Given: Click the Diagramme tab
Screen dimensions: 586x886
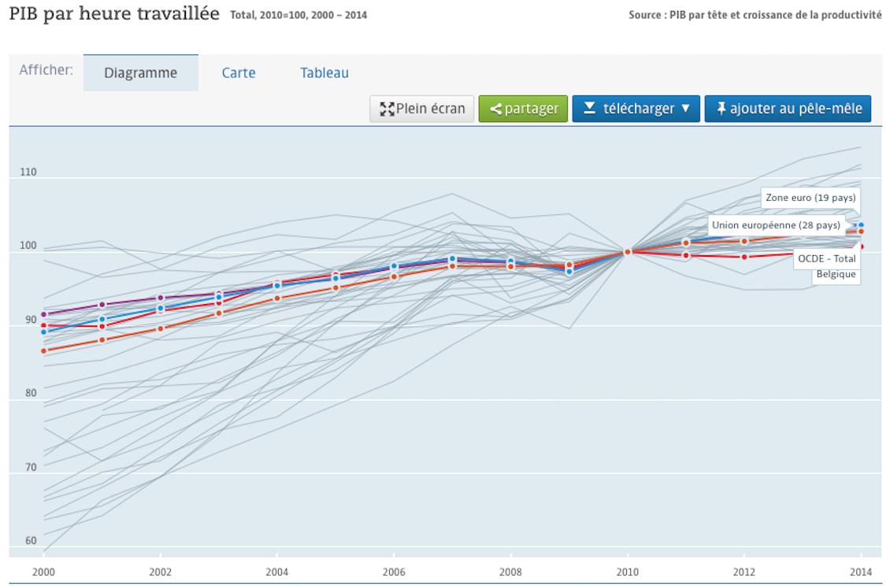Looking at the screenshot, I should (x=141, y=73).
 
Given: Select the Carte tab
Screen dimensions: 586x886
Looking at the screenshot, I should (x=239, y=73).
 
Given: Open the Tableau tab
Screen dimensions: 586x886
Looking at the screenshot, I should (x=324, y=73).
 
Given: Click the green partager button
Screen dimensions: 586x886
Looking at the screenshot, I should (x=523, y=109).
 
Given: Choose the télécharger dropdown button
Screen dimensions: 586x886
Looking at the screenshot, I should (x=636, y=109).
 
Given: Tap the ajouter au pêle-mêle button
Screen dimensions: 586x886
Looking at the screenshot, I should (x=788, y=109).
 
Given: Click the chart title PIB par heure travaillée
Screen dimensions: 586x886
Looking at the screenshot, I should (x=114, y=14).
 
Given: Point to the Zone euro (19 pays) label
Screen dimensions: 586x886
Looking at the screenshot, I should (x=810, y=198).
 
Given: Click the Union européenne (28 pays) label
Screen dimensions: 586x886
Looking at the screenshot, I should (x=776, y=225).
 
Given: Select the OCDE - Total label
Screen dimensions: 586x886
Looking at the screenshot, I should (x=826, y=258).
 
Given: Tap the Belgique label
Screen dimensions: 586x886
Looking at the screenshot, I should (x=836, y=274).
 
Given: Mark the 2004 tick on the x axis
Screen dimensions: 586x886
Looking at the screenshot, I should (x=277, y=572).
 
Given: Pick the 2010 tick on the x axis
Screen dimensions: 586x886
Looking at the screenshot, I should (x=628, y=572).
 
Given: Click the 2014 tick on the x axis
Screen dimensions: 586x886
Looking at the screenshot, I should (x=861, y=572).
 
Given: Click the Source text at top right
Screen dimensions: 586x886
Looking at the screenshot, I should (x=755, y=15).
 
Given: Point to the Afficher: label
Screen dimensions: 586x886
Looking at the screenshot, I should (x=46, y=70).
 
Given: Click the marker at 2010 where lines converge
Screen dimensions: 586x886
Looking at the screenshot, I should (x=628, y=252).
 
